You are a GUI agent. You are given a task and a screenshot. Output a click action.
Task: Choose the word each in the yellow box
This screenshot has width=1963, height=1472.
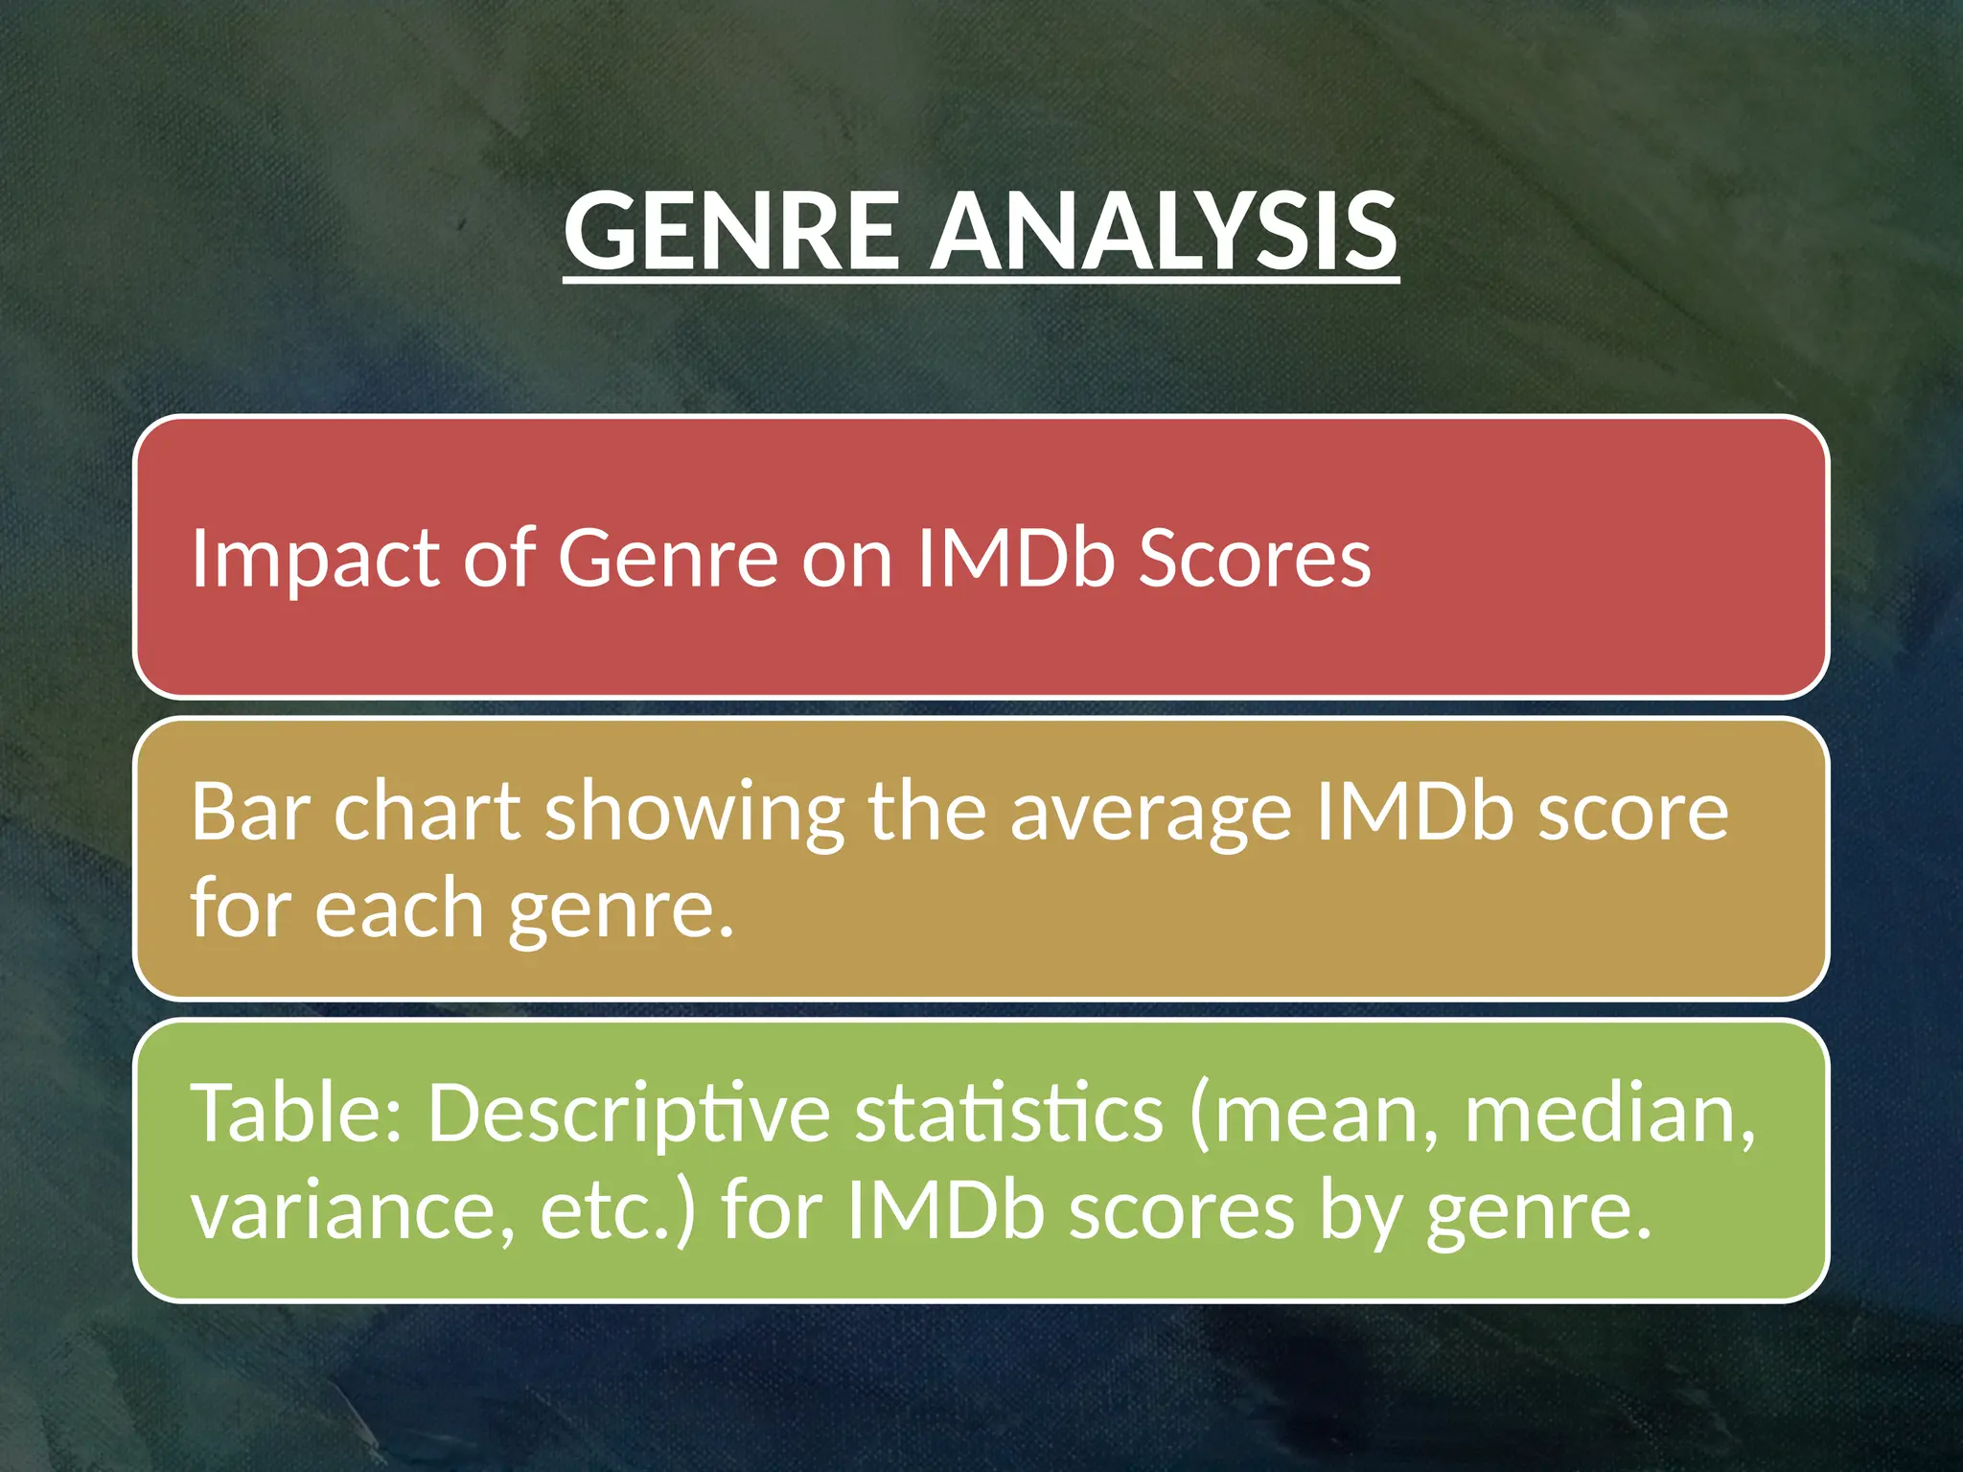click(399, 908)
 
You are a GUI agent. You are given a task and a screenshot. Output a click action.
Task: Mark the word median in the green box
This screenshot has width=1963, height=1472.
click(1610, 1114)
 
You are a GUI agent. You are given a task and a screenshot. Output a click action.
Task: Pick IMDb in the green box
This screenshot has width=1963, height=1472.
click(945, 1209)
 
